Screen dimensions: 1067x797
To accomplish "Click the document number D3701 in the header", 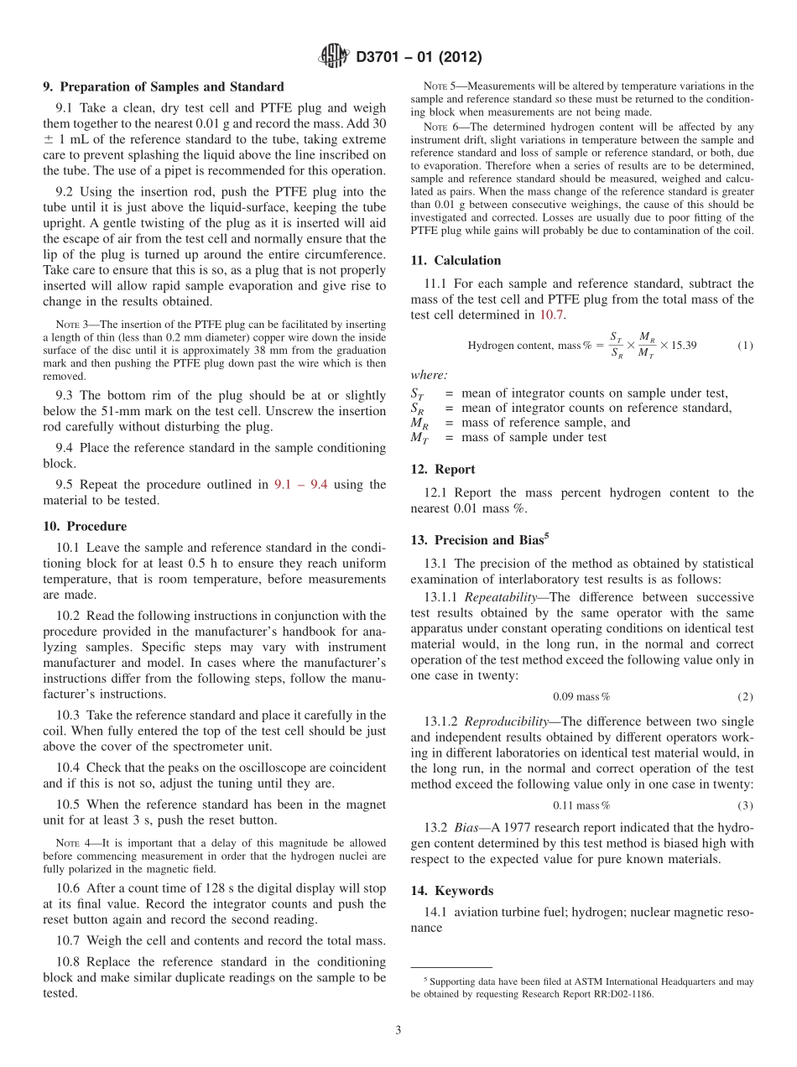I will tap(382, 58).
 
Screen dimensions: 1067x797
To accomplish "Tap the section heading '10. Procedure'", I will tap(85, 526).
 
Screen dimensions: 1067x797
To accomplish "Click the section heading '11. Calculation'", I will tap(456, 260).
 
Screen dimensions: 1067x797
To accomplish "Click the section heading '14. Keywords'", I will tap(451, 890).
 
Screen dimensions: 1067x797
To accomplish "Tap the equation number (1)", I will tap(745, 346).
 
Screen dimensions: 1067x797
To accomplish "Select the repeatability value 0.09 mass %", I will tap(581, 696).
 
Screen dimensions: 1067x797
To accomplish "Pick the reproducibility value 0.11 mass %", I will tap(581, 805).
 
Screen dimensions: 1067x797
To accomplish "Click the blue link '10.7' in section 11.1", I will tap(551, 315).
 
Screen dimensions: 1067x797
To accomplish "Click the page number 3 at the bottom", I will tap(398, 1030).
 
